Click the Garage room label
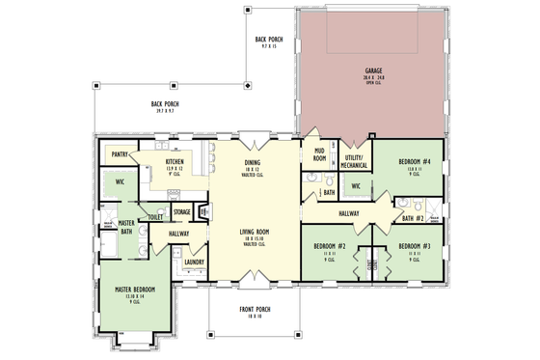tap(373, 71)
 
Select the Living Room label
tap(254, 232)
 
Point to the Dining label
tap(253, 163)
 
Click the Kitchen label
tap(175, 161)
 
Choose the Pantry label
tap(121, 154)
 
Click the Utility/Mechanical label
tap(352, 160)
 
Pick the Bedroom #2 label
tap(329, 246)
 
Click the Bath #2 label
tap(414, 219)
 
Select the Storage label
tap(181, 211)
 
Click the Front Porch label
tap(255, 310)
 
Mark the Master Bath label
tap(126, 227)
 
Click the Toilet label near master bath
tap(155, 218)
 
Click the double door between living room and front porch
tap(254, 281)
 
